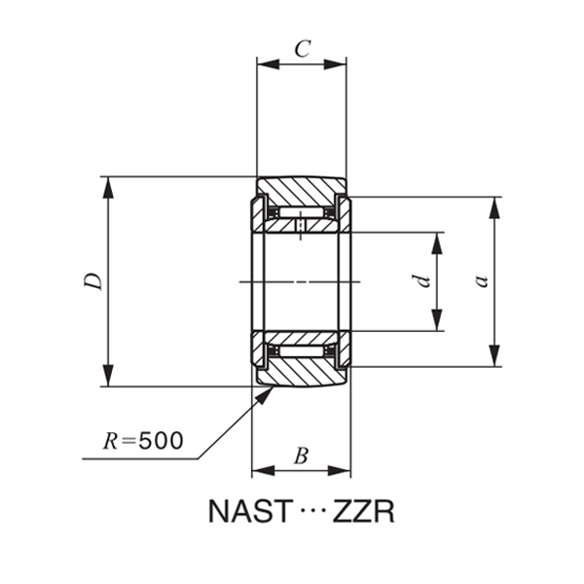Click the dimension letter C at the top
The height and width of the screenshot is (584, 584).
[302, 49]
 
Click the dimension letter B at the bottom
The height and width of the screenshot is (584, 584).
[301, 455]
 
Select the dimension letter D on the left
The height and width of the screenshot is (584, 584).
[92, 281]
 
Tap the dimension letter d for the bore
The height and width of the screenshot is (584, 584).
[420, 281]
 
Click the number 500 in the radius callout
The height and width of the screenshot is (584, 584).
[161, 441]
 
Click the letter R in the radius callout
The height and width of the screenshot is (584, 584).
[112, 441]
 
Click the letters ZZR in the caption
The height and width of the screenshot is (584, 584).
[364, 512]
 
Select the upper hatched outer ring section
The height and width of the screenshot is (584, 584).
[300, 190]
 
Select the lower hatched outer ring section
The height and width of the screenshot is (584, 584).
[300, 373]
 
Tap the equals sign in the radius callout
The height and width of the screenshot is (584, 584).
[130, 442]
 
